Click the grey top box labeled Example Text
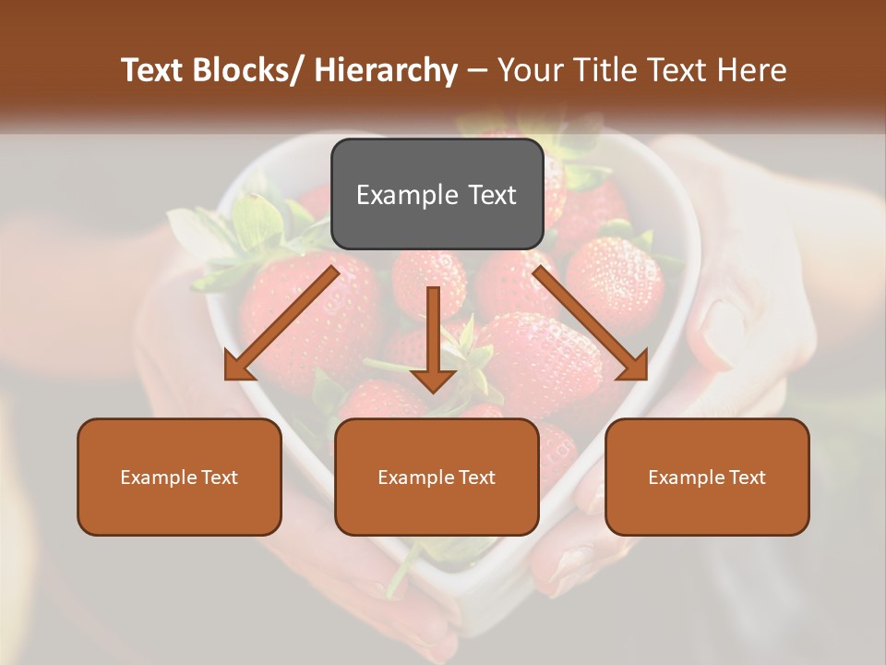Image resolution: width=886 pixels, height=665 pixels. click(437, 194)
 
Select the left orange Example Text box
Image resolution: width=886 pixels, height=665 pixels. click(179, 477)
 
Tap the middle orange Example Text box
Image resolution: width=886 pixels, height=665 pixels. click(437, 477)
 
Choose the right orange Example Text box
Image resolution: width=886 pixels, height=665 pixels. click(707, 477)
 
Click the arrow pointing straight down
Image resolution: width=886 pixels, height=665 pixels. click(433, 337)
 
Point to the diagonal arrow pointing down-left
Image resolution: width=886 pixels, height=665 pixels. click(281, 323)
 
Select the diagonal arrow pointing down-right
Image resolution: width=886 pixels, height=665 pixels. click(591, 323)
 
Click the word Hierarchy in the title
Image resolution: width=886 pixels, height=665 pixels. click(386, 70)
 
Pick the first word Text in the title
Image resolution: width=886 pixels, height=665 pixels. click(154, 70)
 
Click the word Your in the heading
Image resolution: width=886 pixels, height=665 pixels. click(531, 70)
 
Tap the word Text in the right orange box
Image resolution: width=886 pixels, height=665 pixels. click(747, 477)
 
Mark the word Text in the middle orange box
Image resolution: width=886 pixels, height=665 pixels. click(476, 477)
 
